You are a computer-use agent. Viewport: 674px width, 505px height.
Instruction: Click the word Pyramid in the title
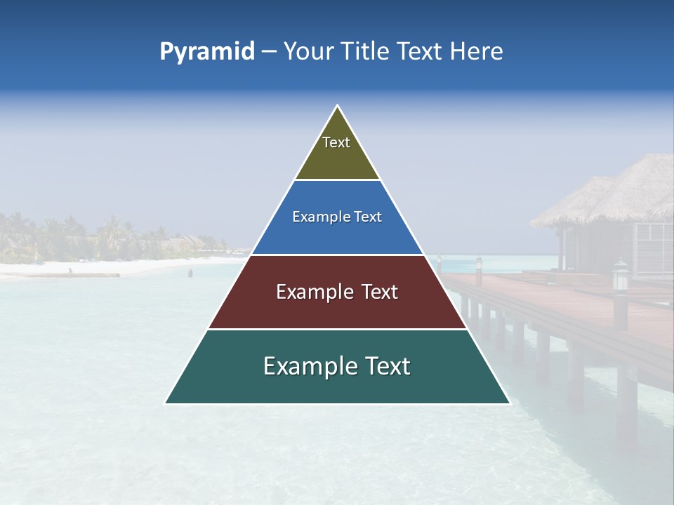point(207,52)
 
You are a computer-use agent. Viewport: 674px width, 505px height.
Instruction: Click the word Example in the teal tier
point(309,366)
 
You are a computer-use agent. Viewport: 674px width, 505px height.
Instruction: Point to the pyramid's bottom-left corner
point(165,403)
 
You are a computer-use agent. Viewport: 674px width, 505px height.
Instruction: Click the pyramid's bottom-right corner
point(510,403)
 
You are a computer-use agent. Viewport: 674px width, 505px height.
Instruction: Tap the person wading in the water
point(190,272)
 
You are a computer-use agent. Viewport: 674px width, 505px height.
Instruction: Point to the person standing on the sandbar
point(70,270)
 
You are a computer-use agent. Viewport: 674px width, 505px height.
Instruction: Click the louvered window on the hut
point(653,242)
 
